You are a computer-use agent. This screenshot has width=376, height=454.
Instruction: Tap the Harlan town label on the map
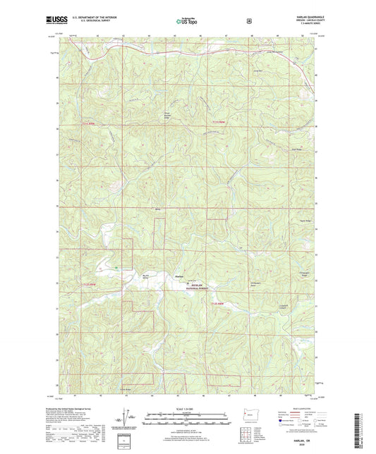179,276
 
